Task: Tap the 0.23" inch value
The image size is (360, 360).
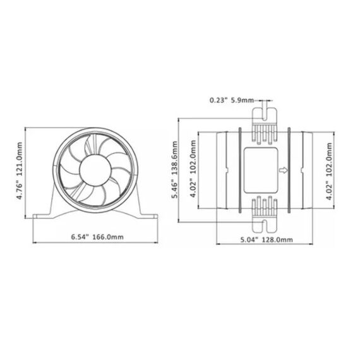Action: coord(219,99)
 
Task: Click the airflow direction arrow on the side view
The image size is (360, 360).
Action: coord(283,170)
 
